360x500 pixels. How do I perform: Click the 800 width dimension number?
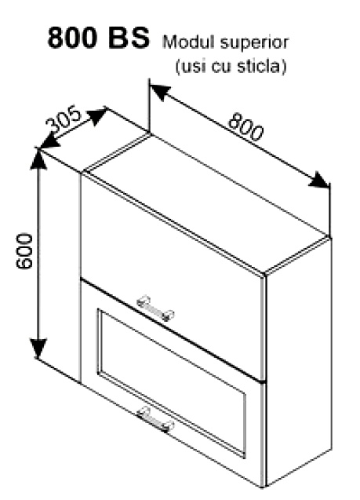pyautogui.click(x=246, y=126)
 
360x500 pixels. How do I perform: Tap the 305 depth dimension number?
pyautogui.click(x=64, y=119)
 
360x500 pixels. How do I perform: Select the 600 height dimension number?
pyautogui.click(x=24, y=251)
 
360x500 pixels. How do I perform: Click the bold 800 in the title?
pyautogui.click(x=72, y=38)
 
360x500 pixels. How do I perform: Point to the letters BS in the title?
pyautogui.click(x=129, y=38)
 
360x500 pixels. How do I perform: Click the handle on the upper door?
pyautogui.click(x=155, y=308)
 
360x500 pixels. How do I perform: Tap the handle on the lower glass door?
pyautogui.click(x=155, y=419)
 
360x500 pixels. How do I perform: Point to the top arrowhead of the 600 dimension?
pyautogui.click(x=38, y=158)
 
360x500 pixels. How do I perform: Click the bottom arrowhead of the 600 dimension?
pyautogui.click(x=38, y=349)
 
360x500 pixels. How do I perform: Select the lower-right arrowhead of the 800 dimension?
pyautogui.click(x=319, y=181)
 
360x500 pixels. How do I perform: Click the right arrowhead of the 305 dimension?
pyautogui.click(x=97, y=115)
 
